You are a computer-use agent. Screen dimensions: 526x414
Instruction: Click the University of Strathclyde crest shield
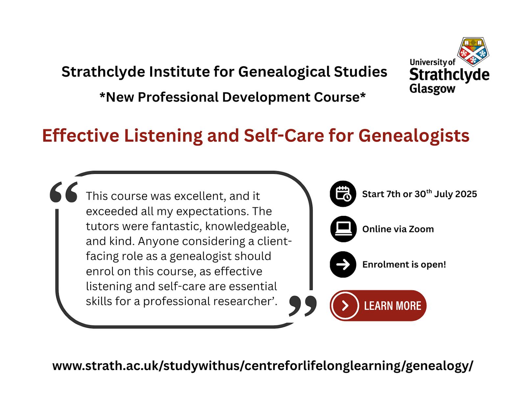pyautogui.click(x=473, y=52)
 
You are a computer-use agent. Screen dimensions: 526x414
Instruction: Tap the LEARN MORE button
pyautogui.click(x=378, y=306)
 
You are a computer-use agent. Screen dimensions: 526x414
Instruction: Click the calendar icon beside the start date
pyautogui.click(x=343, y=194)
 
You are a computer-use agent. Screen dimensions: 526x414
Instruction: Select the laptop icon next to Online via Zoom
pyautogui.click(x=343, y=229)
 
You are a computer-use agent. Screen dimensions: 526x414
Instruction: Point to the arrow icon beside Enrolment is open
pyautogui.click(x=343, y=264)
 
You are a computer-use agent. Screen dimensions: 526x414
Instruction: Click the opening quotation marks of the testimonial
pyautogui.click(x=63, y=192)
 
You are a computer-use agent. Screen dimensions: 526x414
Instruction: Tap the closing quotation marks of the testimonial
pyautogui.click(x=302, y=306)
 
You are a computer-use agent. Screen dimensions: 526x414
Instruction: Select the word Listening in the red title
pyautogui.click(x=163, y=136)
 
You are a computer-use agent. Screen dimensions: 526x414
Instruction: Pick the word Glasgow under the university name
pyautogui.click(x=432, y=88)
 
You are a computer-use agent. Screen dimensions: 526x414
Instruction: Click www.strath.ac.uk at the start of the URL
pyautogui.click(x=106, y=366)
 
